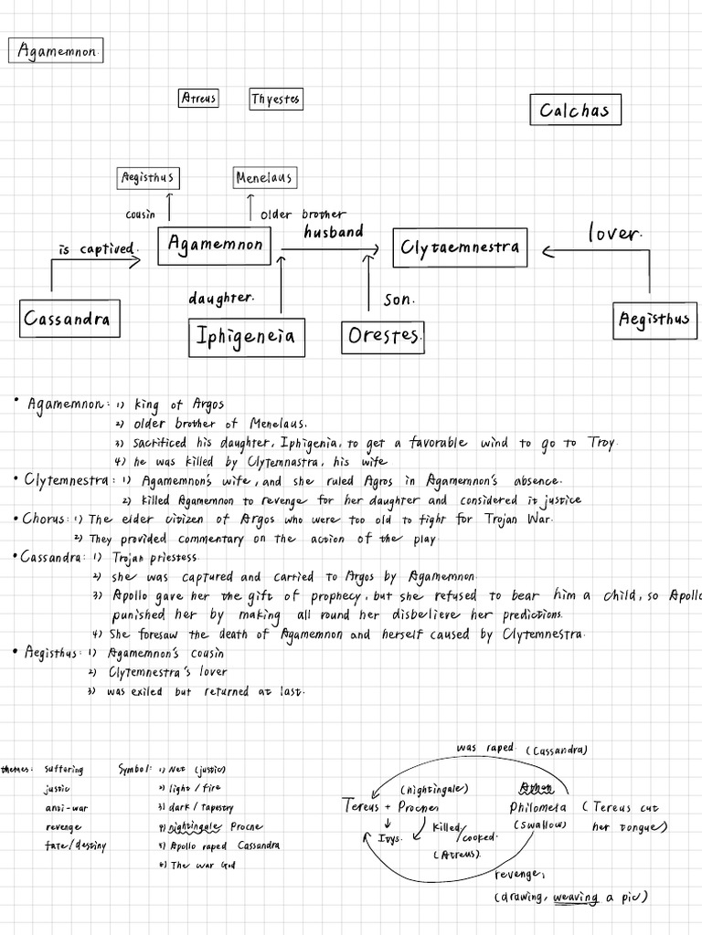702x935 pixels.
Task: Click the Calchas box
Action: [575, 110]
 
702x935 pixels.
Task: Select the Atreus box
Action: [198, 98]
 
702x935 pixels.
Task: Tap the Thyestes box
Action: [276, 99]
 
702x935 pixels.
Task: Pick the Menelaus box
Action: [263, 177]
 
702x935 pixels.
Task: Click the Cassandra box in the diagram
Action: [69, 319]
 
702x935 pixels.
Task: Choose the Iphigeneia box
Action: [246, 336]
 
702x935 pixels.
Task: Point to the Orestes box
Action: [383, 337]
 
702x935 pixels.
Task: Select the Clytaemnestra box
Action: [459, 247]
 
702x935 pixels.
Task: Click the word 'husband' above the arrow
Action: [334, 232]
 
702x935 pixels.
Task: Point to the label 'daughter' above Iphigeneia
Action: [220, 299]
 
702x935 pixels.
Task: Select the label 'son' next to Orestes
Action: [399, 299]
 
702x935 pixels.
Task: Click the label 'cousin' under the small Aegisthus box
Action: [140, 215]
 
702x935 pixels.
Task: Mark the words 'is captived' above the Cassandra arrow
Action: [98, 248]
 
